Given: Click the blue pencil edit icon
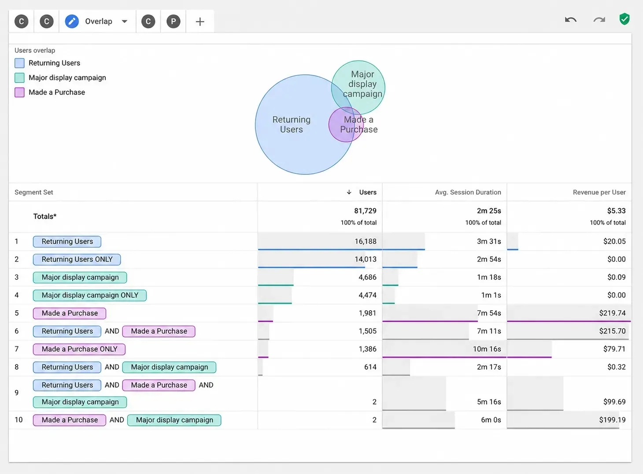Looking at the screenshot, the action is tap(72, 22).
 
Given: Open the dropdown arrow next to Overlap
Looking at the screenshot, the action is tap(125, 22).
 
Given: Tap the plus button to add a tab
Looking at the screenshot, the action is tap(200, 22).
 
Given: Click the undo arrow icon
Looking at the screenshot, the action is tap(571, 20).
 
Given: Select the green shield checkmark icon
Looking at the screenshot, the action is tap(625, 19).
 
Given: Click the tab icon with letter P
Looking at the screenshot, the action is tap(174, 22).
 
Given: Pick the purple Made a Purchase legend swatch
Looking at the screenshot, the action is tap(19, 92).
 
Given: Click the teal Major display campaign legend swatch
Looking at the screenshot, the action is tap(19, 78).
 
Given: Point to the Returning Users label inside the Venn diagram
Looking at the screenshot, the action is tap(292, 125).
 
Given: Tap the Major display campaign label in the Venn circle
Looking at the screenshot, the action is tap(362, 84).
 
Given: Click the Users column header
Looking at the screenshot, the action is tap(368, 192).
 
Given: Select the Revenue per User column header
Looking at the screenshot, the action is tap(599, 192).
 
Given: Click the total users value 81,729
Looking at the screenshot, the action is tap(365, 211).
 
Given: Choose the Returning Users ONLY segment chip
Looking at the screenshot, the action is tap(77, 259).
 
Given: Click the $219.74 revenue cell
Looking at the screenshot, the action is tap(612, 313).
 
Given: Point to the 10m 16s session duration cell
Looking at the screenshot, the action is tap(487, 349).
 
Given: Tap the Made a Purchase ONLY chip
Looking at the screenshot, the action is tap(79, 349).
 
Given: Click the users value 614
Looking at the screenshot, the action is tap(370, 367).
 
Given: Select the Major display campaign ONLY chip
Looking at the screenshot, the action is tap(90, 295).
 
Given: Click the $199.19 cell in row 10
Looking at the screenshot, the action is tap(612, 420).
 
